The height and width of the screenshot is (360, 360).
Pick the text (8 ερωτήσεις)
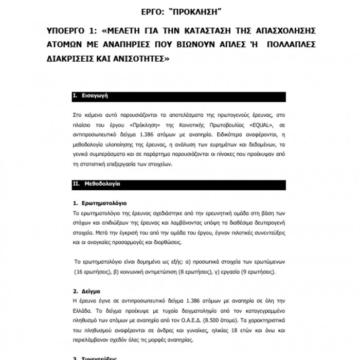(182, 272)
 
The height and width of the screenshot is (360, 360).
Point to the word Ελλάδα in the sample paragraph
(82, 309)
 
